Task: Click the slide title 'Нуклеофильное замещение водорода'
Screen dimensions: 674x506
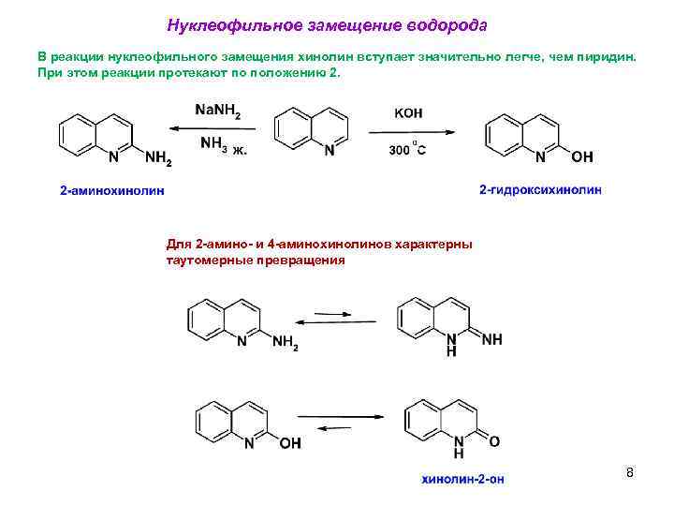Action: coord(327,23)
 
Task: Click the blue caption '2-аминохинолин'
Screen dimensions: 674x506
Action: coord(111,191)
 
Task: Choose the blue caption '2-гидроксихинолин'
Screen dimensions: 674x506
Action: coord(540,190)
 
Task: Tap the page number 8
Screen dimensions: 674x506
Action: coord(630,472)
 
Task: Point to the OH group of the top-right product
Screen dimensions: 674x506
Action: coord(581,156)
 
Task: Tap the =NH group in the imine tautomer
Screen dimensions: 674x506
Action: coord(491,339)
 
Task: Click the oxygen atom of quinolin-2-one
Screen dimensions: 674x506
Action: coord(493,440)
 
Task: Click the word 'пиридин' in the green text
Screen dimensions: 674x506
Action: coord(609,56)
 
